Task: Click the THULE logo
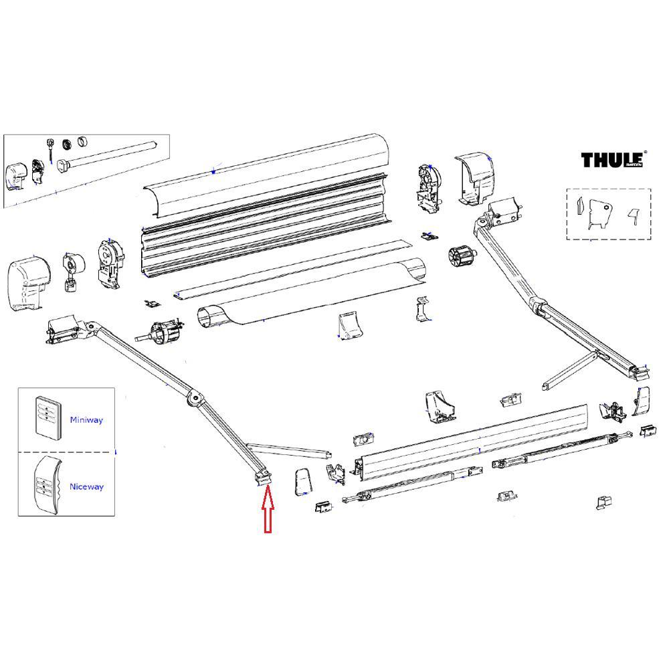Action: point(611,160)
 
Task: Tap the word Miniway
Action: point(86,420)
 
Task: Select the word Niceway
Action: point(86,487)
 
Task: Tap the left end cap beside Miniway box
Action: point(30,282)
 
